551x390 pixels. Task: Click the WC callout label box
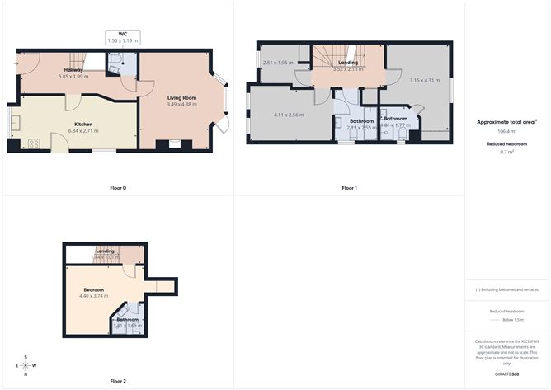(x=122, y=37)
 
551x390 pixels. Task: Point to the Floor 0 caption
(x=118, y=188)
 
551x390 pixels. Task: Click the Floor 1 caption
(x=349, y=188)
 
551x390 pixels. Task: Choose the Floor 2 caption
(x=118, y=381)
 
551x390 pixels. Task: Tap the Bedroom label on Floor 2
(x=93, y=289)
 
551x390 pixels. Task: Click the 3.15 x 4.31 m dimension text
(x=426, y=80)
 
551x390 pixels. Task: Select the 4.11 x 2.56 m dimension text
(x=289, y=115)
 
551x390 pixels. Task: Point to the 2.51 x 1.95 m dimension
(x=277, y=63)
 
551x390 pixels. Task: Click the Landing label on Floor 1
(x=347, y=63)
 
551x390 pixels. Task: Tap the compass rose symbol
(x=27, y=364)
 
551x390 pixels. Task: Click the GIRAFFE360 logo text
(x=504, y=374)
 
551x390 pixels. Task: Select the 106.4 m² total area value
(x=506, y=131)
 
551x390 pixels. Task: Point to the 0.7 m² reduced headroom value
(x=506, y=153)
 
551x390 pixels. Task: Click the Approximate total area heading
(x=506, y=122)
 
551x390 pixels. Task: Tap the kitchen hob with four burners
(x=34, y=143)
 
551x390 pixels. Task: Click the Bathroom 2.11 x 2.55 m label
(x=361, y=125)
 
